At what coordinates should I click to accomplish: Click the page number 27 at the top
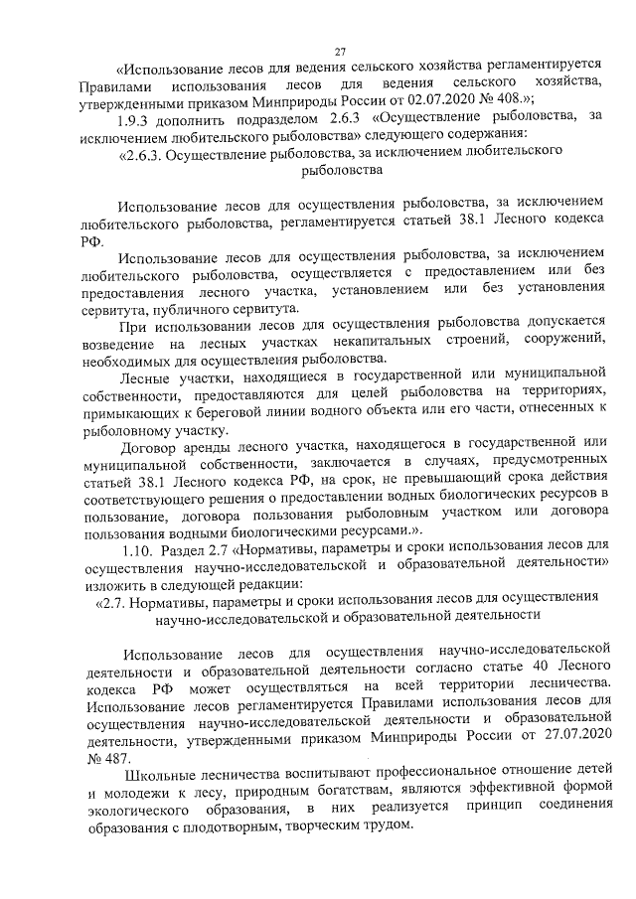339,52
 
